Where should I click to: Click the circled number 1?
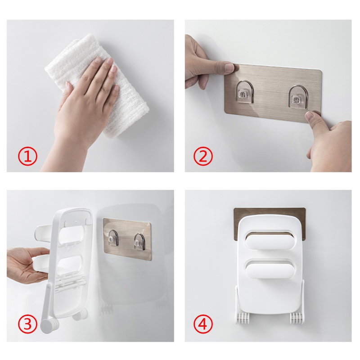tap(28, 157)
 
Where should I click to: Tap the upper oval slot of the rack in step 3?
tap(72, 234)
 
